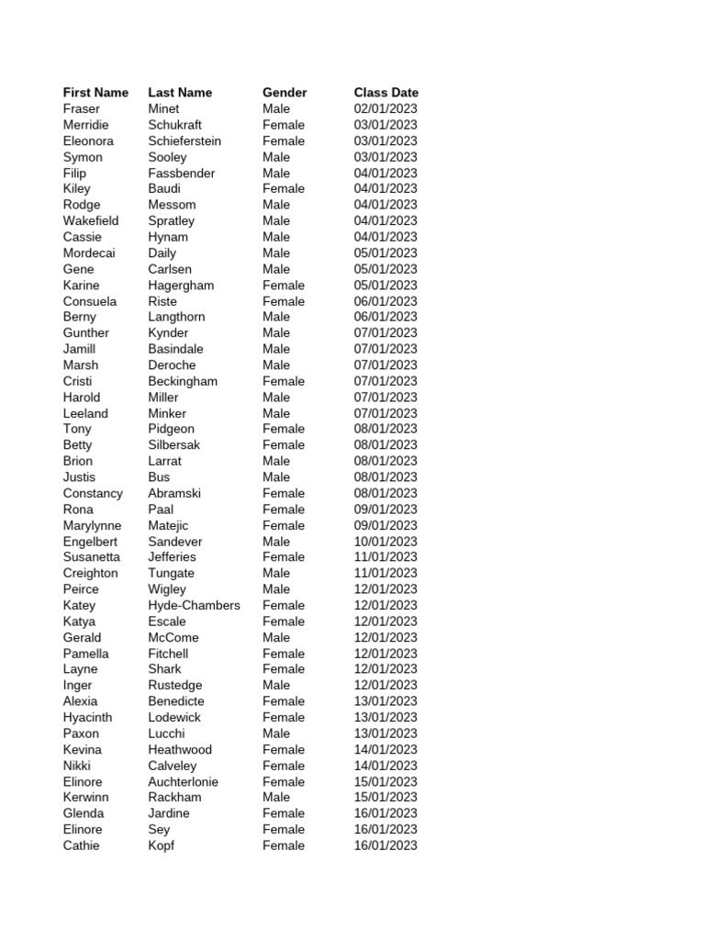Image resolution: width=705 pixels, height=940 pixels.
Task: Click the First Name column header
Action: point(95,93)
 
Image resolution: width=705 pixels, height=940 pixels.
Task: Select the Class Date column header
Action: point(386,93)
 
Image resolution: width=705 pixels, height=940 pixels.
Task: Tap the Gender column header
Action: point(285,93)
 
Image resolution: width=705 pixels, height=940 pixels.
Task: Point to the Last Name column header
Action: point(180,93)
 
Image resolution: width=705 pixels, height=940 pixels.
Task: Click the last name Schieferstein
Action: point(185,141)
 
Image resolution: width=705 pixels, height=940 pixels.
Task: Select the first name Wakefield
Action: point(91,221)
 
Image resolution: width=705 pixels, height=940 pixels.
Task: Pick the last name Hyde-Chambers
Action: point(194,606)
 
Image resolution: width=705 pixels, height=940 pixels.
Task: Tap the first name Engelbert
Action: point(91,542)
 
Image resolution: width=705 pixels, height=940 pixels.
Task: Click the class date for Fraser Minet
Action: point(386,109)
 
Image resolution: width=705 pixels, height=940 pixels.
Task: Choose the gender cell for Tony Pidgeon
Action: point(284,429)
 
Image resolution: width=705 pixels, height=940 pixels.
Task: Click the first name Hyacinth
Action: point(88,718)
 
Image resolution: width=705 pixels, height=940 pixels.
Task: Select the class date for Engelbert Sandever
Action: point(386,542)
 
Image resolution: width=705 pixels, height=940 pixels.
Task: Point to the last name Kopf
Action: point(161,845)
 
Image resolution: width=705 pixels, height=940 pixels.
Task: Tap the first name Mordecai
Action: point(89,253)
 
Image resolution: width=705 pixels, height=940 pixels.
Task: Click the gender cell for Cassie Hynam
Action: point(276,237)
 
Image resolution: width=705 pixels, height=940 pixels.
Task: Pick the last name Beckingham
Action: point(183,381)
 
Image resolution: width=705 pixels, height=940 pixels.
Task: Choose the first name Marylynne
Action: point(92,526)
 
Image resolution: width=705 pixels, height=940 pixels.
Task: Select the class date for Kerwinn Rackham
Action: point(386,798)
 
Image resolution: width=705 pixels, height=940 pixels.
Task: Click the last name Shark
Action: point(165,669)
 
